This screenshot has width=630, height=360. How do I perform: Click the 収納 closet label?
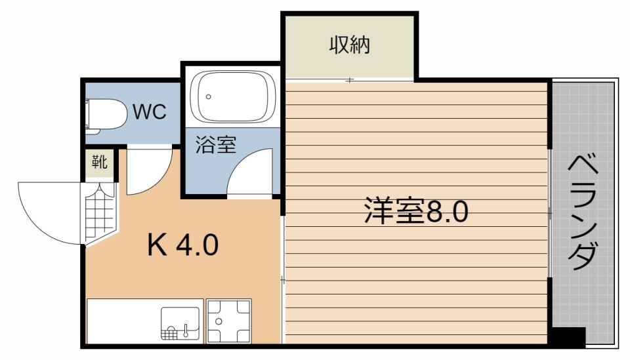point(350,46)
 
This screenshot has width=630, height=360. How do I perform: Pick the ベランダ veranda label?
point(582,213)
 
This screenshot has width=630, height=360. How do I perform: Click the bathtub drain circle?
point(208,97)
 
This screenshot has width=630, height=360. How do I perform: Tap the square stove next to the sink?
point(228,321)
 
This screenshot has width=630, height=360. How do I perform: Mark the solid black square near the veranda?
point(567,337)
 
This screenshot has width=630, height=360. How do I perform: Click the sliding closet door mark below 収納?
point(350,80)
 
